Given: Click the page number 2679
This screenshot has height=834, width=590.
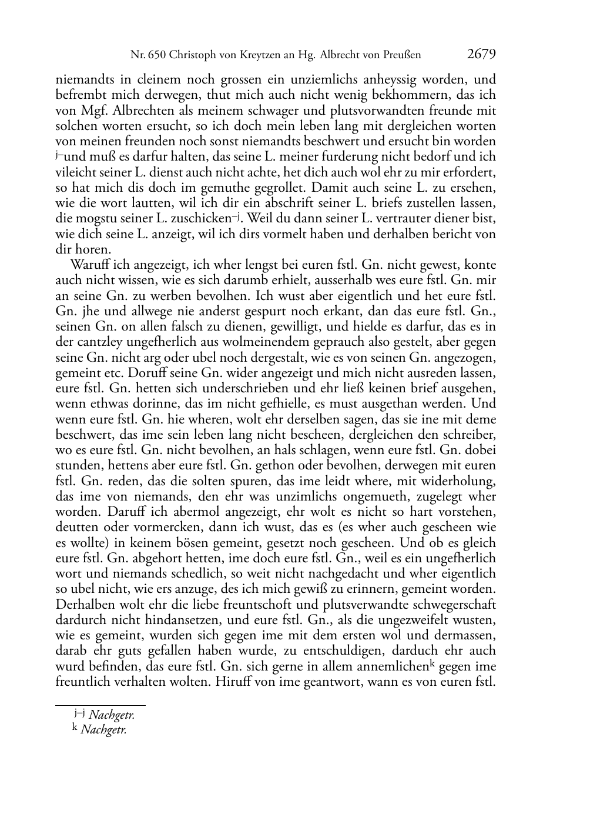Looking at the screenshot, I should click(x=481, y=55).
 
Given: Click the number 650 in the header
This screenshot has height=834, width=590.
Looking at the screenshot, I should click(x=156, y=55).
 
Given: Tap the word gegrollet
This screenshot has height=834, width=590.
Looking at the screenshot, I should click(x=268, y=188).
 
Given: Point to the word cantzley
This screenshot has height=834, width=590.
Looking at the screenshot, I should click(x=92, y=342).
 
